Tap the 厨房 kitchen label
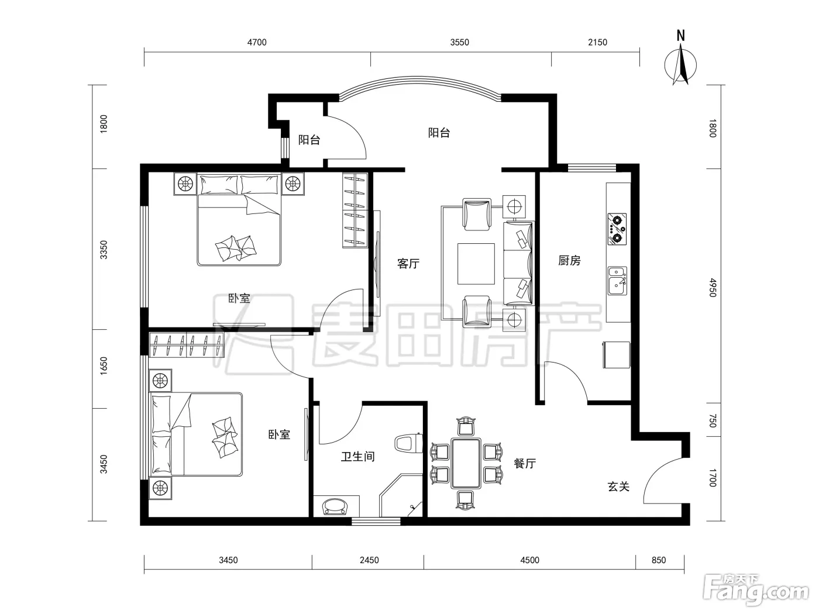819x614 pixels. tap(569, 260)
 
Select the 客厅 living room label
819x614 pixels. tap(408, 264)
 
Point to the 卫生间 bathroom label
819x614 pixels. tap(357, 456)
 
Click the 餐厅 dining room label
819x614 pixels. tap(525, 463)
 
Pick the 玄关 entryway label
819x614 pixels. tap(618, 487)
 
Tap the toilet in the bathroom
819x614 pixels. tap(408, 443)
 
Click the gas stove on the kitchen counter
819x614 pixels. tap(617, 229)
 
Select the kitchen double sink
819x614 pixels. tap(618, 281)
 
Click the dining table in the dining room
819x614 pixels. tap(466, 463)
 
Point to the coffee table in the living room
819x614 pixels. tap(476, 264)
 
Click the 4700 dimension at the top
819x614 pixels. tap(257, 43)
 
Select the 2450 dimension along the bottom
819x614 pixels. tap(369, 560)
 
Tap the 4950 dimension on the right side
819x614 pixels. tap(713, 288)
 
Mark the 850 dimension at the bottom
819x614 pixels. tap(659, 560)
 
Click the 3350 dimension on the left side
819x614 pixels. tap(104, 250)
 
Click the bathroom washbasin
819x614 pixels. tap(336, 506)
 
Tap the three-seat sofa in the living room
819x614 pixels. tap(518, 264)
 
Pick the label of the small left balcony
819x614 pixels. tap(309, 140)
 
